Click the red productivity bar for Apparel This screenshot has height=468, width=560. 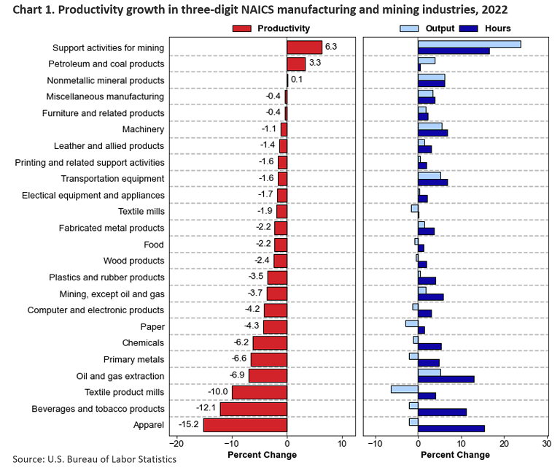245,425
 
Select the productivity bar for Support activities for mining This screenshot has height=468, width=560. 304,47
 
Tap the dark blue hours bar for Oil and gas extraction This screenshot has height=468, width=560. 446,379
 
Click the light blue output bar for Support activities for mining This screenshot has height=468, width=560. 469,44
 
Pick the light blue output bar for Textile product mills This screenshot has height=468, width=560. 404,388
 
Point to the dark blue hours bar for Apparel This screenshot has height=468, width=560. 451,429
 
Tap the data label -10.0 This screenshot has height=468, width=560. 217,392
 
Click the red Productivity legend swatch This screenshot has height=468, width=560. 241,28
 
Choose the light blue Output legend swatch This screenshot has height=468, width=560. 410,28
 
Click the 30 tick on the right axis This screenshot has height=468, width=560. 546,442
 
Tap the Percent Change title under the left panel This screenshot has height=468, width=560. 262,455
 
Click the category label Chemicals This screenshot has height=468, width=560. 143,342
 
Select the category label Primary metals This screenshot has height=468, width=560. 133,359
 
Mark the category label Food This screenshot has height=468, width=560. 155,245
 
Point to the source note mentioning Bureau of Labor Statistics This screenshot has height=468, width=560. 95,459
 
